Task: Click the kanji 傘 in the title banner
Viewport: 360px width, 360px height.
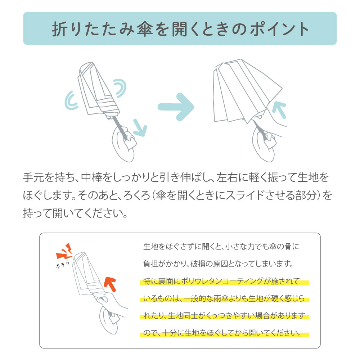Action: (145, 29)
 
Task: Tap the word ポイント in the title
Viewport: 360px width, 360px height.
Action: (279, 29)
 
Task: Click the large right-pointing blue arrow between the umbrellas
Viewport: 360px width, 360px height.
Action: (176, 107)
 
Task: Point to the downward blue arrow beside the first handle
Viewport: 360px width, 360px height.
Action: (140, 128)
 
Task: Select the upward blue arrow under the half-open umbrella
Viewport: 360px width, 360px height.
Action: (279, 110)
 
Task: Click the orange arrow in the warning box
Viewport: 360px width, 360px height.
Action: (110, 284)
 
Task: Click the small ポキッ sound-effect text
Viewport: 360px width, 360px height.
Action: (62, 265)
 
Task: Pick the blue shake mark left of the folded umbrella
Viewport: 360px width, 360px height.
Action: (72, 100)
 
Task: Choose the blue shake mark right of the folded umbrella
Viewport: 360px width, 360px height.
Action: (120, 88)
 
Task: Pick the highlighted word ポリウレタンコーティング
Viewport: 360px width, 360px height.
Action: (222, 281)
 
